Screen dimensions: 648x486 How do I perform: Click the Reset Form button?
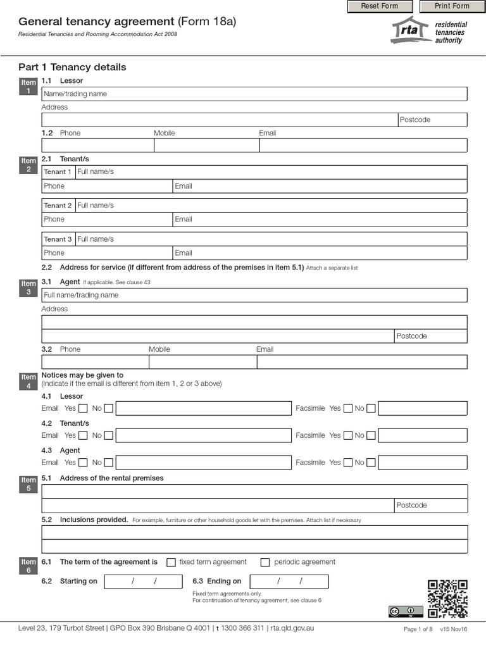(380, 6)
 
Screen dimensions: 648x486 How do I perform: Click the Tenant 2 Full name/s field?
(271, 205)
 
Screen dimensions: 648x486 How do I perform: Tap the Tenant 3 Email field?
(320, 252)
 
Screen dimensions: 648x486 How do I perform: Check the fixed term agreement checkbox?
(171, 563)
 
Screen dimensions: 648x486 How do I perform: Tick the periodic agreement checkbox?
(265, 563)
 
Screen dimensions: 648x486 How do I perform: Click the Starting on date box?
(144, 582)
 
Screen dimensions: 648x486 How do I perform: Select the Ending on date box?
(289, 582)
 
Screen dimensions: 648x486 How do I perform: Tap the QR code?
(447, 599)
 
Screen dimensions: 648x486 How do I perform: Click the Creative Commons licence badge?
(406, 611)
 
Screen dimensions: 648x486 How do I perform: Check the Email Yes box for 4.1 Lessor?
(83, 409)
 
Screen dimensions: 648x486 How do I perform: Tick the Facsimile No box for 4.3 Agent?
(371, 463)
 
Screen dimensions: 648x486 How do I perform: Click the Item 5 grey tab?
(29, 484)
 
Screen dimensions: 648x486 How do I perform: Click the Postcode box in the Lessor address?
(432, 120)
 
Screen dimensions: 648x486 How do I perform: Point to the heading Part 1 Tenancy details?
(72, 67)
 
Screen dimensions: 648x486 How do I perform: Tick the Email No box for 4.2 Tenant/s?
(109, 435)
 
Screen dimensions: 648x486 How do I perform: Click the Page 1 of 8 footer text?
(418, 629)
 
